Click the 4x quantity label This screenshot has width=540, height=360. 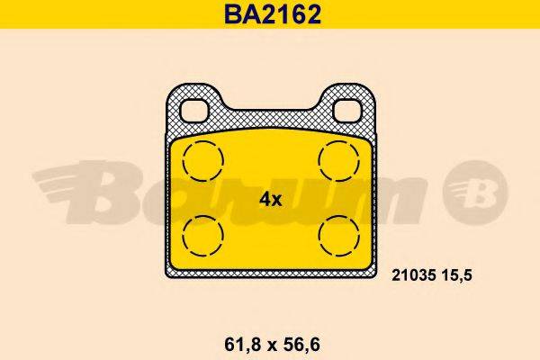(271, 200)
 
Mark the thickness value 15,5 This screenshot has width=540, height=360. (458, 280)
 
